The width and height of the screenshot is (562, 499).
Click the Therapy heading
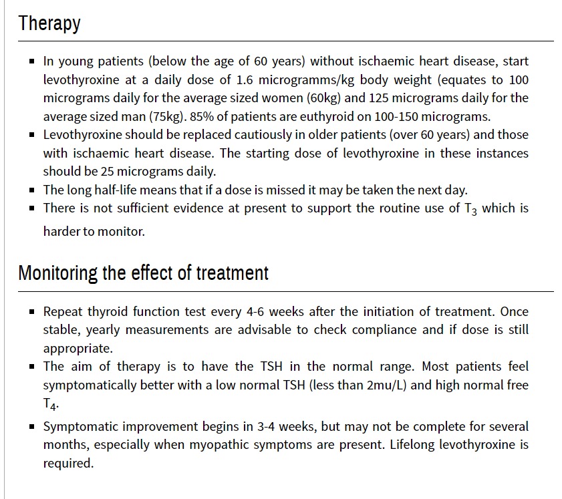pyautogui.click(x=49, y=23)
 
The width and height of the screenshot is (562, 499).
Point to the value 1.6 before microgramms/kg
pyautogui.click(x=245, y=79)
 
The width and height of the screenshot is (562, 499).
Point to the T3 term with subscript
pyautogui.click(x=470, y=209)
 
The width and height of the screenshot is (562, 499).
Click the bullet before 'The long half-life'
pyautogui.click(x=32, y=190)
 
